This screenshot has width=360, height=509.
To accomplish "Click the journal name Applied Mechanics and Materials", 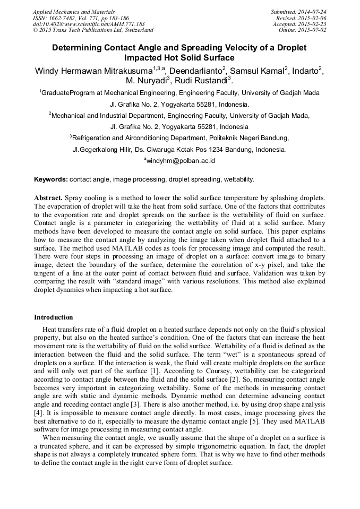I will [x=74, y=12].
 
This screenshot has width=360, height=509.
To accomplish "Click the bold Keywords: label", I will [x=51, y=179].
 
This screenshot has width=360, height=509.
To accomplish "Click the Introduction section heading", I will [x=54, y=317].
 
